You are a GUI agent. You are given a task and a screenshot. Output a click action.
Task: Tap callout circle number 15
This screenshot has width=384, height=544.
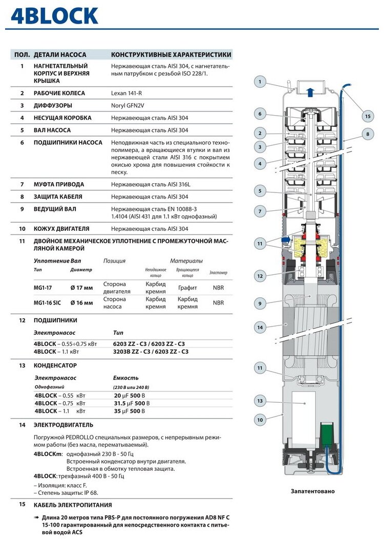367,116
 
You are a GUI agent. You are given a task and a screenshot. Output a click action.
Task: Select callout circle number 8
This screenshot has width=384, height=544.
367,135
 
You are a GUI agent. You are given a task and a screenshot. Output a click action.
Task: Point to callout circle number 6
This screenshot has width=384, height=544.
260,114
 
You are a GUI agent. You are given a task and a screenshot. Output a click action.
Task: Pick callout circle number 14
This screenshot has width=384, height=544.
260,327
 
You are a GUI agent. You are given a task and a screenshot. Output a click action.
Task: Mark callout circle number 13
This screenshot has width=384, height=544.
260,401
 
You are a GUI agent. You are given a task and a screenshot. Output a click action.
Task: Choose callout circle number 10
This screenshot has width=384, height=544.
260,420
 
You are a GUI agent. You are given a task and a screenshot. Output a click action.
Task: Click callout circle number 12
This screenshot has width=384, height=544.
260,276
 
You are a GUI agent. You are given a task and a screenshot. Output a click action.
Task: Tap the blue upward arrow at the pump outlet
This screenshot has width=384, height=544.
309,92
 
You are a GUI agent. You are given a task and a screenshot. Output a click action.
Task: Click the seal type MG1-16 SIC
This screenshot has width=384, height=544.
47,303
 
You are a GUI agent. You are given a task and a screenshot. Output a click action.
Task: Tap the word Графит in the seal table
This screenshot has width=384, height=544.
187,288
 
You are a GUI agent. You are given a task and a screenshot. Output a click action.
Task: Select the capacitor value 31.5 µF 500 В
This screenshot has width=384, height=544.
131,403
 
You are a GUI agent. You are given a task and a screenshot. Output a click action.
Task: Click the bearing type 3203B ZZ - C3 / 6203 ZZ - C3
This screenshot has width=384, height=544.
151,352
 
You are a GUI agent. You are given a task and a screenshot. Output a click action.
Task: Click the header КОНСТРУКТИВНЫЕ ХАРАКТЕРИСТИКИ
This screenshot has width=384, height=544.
171,55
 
